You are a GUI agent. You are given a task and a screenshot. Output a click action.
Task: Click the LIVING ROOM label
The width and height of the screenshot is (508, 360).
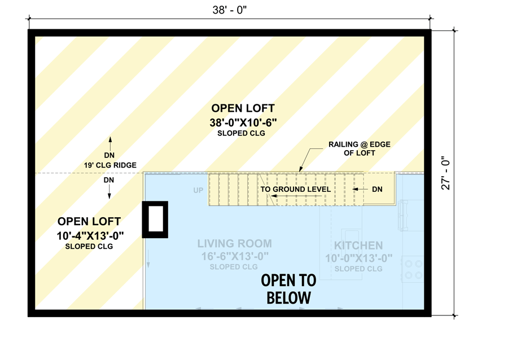pos(234,244)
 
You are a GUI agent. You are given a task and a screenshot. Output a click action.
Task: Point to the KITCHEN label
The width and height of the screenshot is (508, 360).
pos(358,245)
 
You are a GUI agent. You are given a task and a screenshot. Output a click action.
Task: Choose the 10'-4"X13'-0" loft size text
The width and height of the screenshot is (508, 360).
pos(90,235)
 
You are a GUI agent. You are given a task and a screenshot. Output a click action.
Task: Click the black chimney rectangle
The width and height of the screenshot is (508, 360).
pos(154,219)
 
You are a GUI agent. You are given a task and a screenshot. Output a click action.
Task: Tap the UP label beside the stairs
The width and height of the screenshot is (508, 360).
pos(198,191)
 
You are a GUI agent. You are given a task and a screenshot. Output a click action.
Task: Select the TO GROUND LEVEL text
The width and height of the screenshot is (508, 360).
pos(295,190)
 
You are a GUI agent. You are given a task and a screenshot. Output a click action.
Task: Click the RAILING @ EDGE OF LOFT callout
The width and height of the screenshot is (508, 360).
pos(360,149)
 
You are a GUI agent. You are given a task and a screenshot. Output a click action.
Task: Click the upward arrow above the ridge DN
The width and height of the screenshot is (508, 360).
pos(110,142)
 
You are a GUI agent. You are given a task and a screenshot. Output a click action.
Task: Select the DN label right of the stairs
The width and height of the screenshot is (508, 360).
pos(377,189)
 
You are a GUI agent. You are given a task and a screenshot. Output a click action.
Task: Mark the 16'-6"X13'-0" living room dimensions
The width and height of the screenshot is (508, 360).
pos(234,257)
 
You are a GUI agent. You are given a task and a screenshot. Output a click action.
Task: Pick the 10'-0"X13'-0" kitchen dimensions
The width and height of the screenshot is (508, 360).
pos(358,258)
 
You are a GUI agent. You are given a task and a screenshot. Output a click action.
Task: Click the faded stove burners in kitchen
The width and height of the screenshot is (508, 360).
pos(413,269)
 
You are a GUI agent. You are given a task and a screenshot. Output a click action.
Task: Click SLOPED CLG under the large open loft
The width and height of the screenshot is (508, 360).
pos(241,134)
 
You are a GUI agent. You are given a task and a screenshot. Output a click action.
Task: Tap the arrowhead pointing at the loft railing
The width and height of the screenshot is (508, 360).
pos(300,168)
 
